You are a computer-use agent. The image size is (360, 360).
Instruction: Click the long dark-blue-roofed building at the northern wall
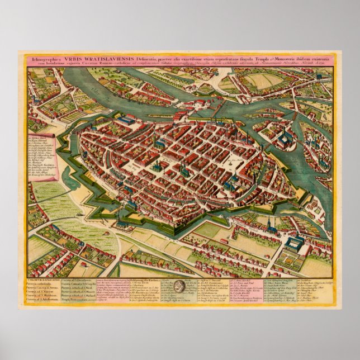[126, 120]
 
